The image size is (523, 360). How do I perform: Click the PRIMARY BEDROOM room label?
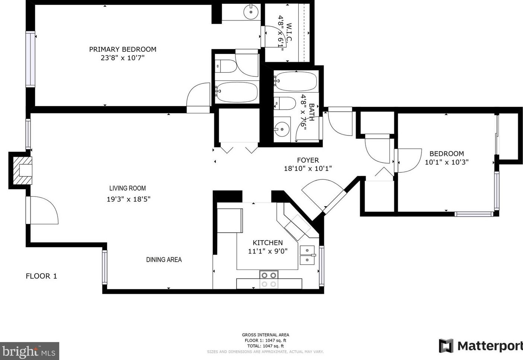tap(122, 49)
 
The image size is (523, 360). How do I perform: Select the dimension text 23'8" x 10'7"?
tap(122, 58)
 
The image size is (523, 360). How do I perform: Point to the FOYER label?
tap(308, 160)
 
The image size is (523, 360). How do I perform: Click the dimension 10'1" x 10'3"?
tap(446, 162)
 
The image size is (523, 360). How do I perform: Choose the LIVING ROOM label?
tap(128, 188)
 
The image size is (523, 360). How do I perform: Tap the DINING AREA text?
tap(164, 260)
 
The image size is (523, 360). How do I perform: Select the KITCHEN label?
tap(267, 243)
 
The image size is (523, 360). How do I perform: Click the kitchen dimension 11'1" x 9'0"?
tap(267, 251)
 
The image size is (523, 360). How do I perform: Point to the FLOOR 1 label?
tap(41, 276)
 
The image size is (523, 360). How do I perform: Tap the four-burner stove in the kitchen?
tap(269, 280)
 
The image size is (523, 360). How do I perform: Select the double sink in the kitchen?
tap(307, 255)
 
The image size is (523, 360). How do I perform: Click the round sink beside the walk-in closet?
tap(251, 12)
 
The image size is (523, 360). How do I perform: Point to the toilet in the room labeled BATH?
tap(285, 103)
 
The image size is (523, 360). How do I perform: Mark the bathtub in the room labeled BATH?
tap(296, 81)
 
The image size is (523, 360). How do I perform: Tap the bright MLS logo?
tap(29, 351)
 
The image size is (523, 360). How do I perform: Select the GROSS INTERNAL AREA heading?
tap(265, 335)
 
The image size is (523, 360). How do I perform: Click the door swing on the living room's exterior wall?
tap(43, 211)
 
